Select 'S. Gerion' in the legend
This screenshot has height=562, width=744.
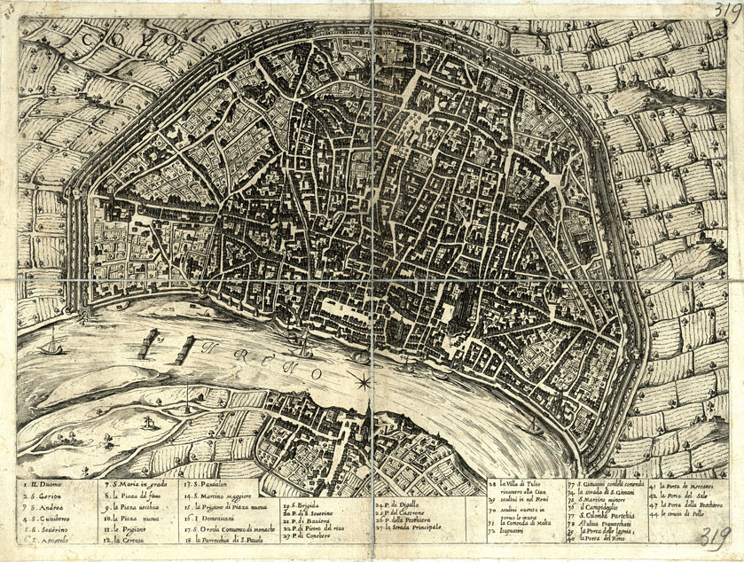pyautogui.click(x=47, y=498)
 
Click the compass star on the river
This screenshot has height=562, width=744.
pyautogui.click(x=363, y=382)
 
